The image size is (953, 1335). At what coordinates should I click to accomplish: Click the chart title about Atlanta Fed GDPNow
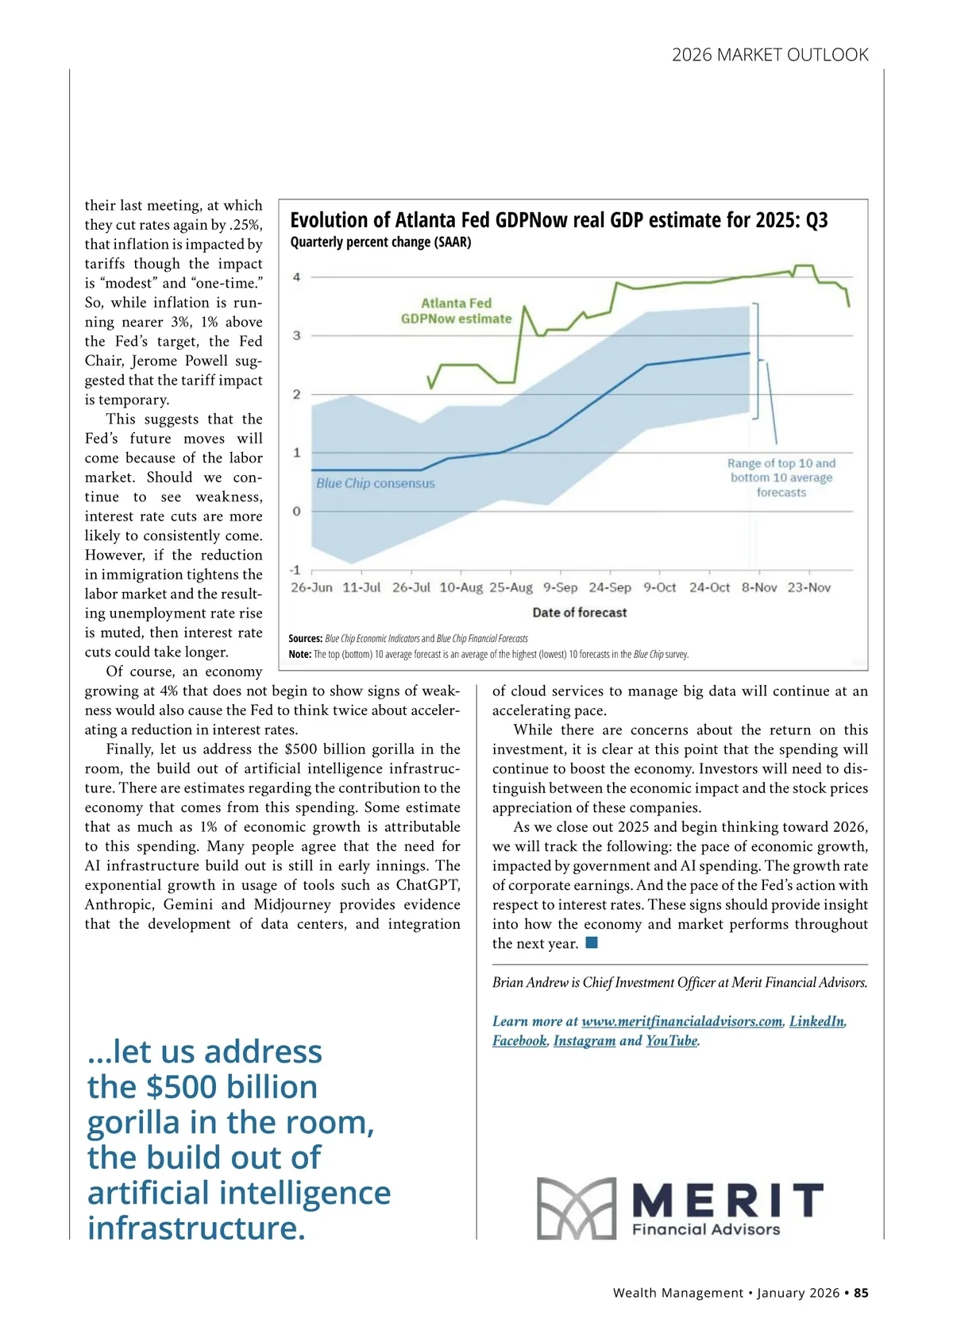pos(558,220)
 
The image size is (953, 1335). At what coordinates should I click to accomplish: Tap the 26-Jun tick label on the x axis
pos(311,587)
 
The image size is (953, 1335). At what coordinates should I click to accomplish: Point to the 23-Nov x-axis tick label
pos(808,587)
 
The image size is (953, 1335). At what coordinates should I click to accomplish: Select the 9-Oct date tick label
pos(659,587)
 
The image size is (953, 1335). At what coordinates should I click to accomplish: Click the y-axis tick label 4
pos(297,277)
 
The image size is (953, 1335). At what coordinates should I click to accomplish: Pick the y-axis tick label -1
pos(295,570)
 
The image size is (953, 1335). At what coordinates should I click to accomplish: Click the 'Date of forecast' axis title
pos(579,613)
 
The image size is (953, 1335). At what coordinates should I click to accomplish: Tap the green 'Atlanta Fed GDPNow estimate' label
pos(456,311)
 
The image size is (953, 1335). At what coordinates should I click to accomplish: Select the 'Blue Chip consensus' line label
pos(376,483)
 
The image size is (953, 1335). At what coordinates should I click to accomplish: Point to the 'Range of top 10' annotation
pos(781,478)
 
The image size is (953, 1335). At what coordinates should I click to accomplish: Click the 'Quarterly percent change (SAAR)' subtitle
pos(380,242)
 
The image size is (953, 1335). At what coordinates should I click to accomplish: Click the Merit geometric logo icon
pos(576,1208)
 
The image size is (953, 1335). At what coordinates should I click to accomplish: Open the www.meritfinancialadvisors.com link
pos(681,1021)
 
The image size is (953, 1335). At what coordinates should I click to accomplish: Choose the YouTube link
pos(671,1041)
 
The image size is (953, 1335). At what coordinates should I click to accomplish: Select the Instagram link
pos(584,1041)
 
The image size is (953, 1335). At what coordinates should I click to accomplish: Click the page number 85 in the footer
pos(861,1293)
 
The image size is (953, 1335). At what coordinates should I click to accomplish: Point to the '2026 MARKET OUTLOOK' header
pos(770,55)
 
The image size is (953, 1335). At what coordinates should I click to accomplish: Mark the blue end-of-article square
pos(591,943)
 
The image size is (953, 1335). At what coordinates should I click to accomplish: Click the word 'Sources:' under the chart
pos(305,638)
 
